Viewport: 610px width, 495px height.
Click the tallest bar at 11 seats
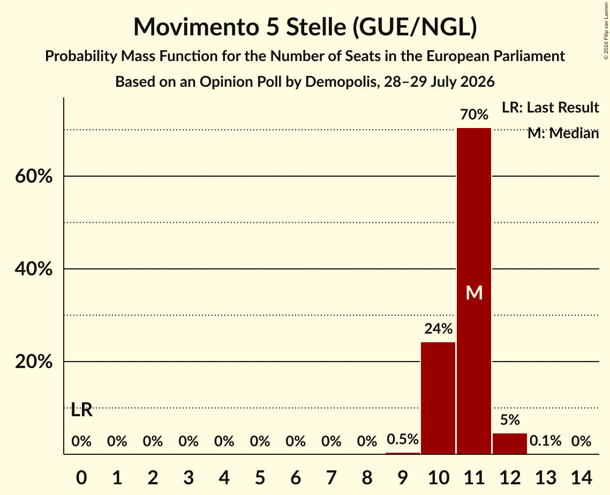coord(474,291)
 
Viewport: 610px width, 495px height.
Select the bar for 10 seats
coord(438,398)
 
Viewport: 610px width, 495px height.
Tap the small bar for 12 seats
coord(510,444)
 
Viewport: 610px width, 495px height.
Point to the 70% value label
coord(474,115)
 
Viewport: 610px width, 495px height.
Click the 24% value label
coord(438,329)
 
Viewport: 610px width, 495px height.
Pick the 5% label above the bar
coord(510,420)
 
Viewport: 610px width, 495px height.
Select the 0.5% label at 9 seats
coord(403,439)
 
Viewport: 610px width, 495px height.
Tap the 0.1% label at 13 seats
coord(545,440)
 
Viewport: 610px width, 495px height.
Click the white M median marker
coord(474,292)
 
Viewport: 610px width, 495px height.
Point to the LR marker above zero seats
coord(82,410)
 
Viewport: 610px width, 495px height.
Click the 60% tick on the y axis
coord(34,176)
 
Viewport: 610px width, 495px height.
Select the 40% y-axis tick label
coord(34,269)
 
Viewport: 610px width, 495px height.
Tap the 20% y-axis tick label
coord(34,362)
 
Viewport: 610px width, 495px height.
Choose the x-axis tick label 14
coord(581,477)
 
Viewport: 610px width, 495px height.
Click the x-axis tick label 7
coord(331,477)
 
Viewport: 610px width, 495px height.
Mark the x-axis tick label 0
coord(81,477)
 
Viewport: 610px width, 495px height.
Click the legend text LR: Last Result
coord(550,107)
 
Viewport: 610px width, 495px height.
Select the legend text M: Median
coord(563,133)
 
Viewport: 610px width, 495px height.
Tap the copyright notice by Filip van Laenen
coord(606,31)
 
